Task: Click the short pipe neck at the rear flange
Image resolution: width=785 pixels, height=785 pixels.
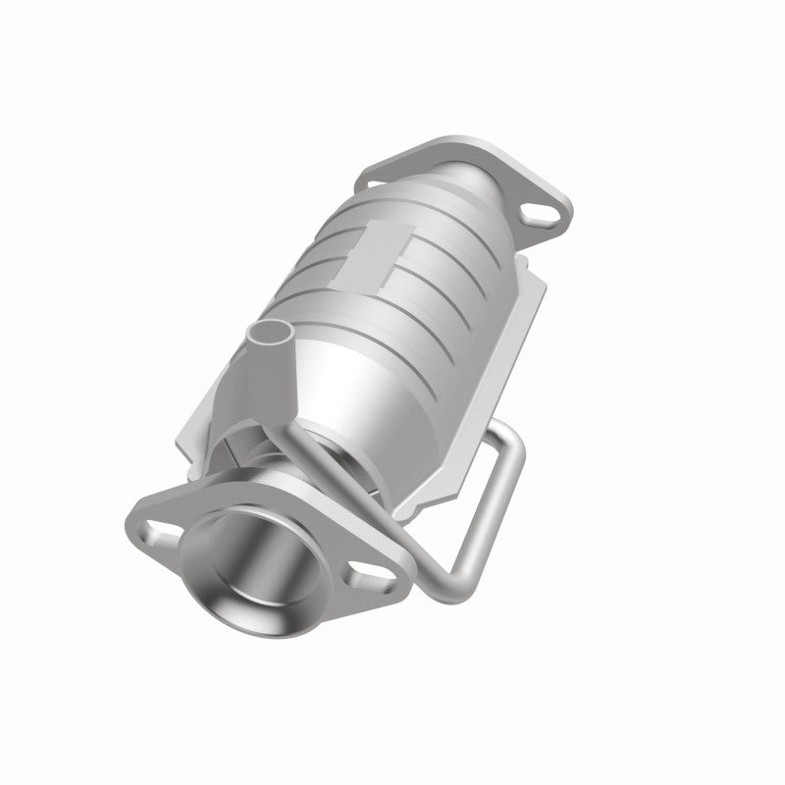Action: [x=481, y=182]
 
